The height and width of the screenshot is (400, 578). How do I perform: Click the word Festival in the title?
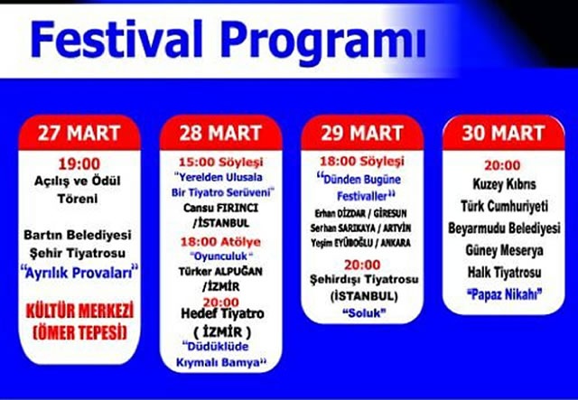[x=117, y=40]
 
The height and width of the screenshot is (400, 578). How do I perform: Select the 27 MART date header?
[x=79, y=133]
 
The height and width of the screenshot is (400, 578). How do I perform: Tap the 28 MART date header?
[x=220, y=133]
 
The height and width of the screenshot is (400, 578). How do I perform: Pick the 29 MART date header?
[x=361, y=133]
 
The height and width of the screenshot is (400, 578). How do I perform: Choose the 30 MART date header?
[x=503, y=133]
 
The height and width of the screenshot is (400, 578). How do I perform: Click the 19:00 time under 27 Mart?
[x=79, y=164]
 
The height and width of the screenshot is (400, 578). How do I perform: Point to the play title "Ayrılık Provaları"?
[x=79, y=273]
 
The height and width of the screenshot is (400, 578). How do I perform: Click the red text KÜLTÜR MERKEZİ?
[x=79, y=312]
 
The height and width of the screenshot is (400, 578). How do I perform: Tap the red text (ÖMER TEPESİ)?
[x=79, y=333]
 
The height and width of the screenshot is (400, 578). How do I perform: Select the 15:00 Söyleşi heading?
[x=220, y=163]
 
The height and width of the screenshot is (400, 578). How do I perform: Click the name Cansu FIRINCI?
[x=220, y=208]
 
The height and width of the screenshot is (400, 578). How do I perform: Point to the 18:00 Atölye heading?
[x=220, y=242]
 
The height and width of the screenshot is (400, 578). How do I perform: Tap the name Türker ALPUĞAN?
[x=220, y=272]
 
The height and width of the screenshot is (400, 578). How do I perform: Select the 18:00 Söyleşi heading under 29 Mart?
[x=362, y=161]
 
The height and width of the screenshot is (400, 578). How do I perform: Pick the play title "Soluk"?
[x=364, y=313]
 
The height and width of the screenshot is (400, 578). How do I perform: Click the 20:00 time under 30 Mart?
[x=502, y=165]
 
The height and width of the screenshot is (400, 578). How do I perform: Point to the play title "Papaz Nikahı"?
[x=504, y=295]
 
